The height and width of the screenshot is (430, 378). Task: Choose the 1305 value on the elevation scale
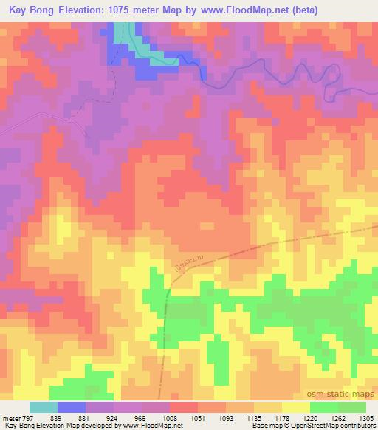click(366, 418)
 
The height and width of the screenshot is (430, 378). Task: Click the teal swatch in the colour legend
click(44, 407)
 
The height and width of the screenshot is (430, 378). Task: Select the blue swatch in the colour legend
click(72, 407)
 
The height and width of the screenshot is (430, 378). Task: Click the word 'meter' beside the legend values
click(11, 418)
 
